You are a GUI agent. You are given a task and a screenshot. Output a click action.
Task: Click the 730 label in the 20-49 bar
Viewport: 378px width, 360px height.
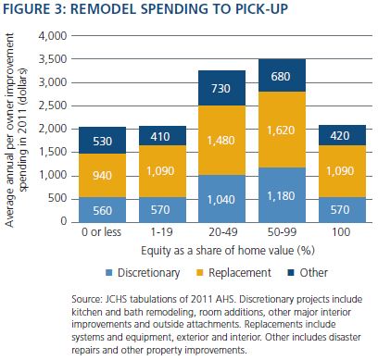[x=220, y=89]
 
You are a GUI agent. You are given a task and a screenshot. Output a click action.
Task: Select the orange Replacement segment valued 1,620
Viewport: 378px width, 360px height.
[x=282, y=130]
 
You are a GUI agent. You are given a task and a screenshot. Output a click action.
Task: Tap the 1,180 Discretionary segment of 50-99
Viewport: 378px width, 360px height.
[x=282, y=195]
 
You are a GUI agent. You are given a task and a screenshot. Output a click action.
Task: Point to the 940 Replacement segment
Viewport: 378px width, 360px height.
[x=102, y=175]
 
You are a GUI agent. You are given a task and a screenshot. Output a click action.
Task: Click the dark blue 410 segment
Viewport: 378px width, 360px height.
[x=162, y=136]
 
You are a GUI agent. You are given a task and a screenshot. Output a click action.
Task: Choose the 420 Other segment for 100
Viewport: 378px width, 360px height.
[x=342, y=135]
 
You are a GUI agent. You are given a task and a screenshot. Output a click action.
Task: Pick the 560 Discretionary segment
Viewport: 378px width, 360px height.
[x=102, y=210]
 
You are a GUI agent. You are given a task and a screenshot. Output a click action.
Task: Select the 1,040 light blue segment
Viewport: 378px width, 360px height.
[x=222, y=199]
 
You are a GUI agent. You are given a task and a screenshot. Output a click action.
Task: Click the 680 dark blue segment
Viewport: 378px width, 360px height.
[x=282, y=75]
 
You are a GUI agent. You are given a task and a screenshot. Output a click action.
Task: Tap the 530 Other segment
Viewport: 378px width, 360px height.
[x=102, y=140]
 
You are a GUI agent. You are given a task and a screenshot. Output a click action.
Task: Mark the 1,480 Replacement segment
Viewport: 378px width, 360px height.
[x=222, y=141]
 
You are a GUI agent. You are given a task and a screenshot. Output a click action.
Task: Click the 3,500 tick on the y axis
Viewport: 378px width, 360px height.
[x=53, y=59]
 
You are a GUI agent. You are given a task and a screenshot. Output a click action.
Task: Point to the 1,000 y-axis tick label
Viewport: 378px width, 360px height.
[x=53, y=175]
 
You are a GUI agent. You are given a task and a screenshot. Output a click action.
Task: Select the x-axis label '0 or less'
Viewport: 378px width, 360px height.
[x=101, y=232]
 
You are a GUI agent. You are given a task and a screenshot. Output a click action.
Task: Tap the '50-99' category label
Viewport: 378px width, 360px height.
[x=282, y=232]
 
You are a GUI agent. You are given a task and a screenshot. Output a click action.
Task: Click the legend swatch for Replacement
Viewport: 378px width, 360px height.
[x=200, y=273]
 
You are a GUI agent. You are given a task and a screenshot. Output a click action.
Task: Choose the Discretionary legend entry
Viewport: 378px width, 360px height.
[x=143, y=273]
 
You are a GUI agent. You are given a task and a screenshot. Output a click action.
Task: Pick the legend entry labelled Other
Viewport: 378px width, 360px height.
[x=308, y=273]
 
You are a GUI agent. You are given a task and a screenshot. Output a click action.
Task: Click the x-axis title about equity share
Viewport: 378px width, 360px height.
[x=228, y=251]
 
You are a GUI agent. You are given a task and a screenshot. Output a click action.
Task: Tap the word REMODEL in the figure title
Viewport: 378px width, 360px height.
[x=103, y=8]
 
